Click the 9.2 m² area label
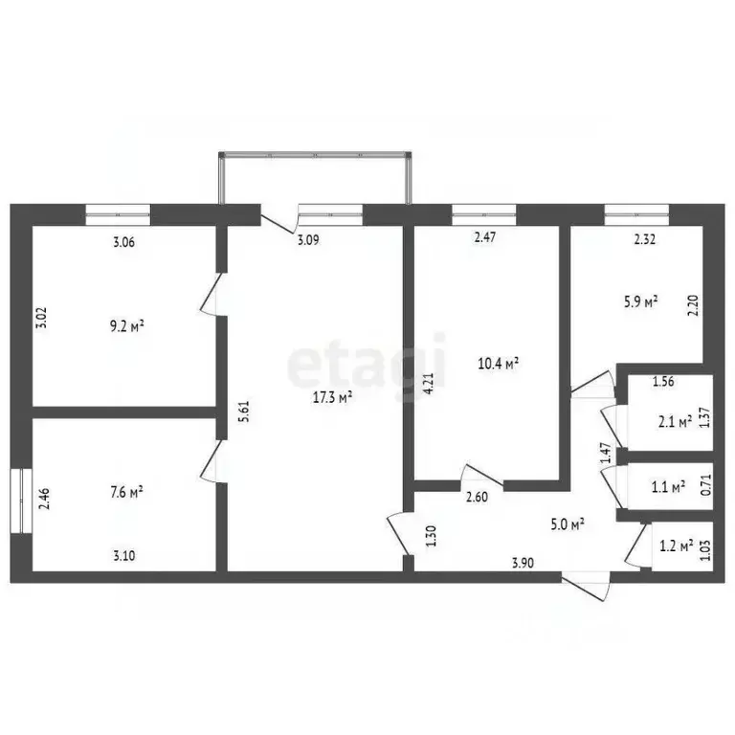[124, 326]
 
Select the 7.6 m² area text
[124, 493]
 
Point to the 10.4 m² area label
[498, 364]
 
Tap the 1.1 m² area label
[666, 487]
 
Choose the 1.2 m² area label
[676, 548]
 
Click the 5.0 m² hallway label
[567, 523]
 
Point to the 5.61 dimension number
[246, 412]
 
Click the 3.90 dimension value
[522, 563]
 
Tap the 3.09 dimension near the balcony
[307, 241]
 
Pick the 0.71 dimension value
[706, 484]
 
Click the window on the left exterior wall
[18, 501]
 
